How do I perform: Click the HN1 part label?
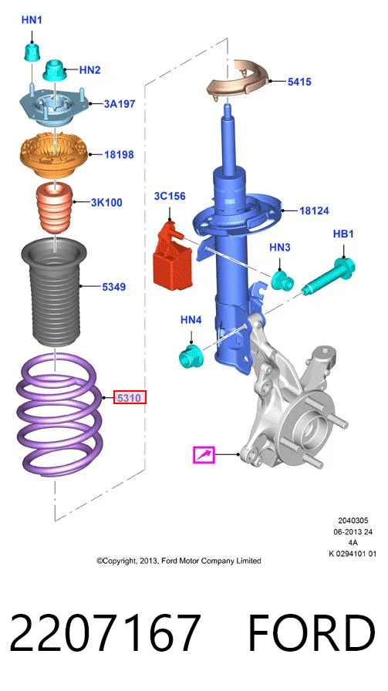32,20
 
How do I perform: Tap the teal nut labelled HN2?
54,70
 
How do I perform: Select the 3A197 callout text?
120,104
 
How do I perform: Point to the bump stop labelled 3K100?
54,207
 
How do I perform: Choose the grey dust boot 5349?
54,294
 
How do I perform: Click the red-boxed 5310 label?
130,398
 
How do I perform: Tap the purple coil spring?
59,415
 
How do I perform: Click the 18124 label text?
314,211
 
